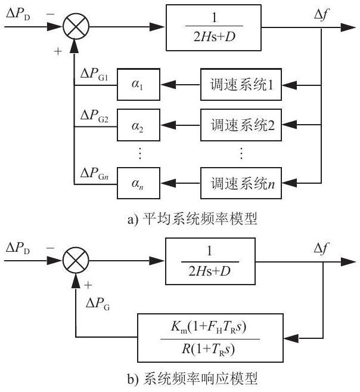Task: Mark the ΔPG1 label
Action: (x=94, y=74)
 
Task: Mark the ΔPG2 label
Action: (x=94, y=116)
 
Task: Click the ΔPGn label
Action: (x=94, y=173)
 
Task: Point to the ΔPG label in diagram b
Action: (x=98, y=304)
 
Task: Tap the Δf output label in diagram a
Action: (x=322, y=15)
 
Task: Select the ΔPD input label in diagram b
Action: (x=18, y=248)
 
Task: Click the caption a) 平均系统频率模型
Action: (x=193, y=219)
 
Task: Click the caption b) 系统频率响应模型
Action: (x=193, y=379)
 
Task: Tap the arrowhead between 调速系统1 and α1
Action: (x=168, y=85)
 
